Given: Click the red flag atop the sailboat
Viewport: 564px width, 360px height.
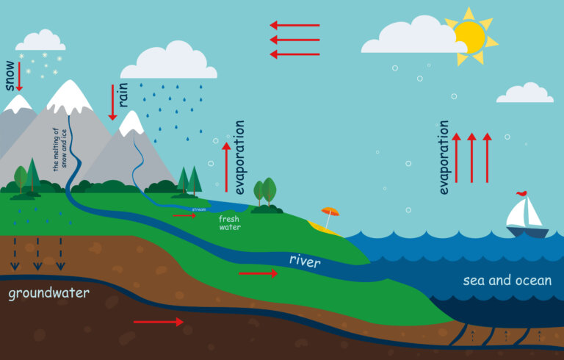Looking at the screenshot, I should click(x=521, y=194).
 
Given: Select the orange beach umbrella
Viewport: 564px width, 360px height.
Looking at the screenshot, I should click(x=330, y=212).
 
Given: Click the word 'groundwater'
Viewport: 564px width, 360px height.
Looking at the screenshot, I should click(x=49, y=294).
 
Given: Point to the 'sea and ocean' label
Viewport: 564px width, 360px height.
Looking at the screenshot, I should click(x=507, y=281).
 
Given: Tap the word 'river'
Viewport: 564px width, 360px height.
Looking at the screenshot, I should click(x=305, y=260).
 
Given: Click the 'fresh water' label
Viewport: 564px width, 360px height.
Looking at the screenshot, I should click(x=229, y=223).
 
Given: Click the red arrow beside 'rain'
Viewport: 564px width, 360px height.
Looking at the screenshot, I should click(x=112, y=101).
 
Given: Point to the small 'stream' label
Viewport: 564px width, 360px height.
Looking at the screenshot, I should click(x=198, y=209).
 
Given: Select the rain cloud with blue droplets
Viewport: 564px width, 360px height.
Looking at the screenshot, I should click(x=168, y=61).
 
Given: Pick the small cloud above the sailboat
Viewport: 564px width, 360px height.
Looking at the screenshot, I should click(x=524, y=93).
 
